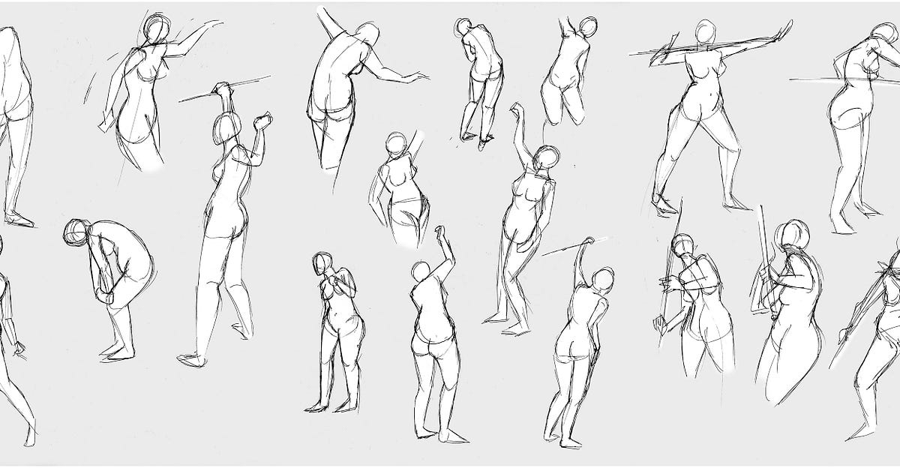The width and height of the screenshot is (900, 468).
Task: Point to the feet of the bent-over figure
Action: coord(118,353)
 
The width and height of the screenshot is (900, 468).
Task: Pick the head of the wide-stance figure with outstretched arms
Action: coord(703,32)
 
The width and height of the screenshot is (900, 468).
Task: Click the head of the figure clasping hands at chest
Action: coord(324,263)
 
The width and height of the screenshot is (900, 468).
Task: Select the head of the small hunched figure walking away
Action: coord(462,28)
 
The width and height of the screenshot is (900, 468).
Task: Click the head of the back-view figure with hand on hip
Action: coord(602,280)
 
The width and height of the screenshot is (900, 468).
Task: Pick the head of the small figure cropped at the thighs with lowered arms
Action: coord(395,144)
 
